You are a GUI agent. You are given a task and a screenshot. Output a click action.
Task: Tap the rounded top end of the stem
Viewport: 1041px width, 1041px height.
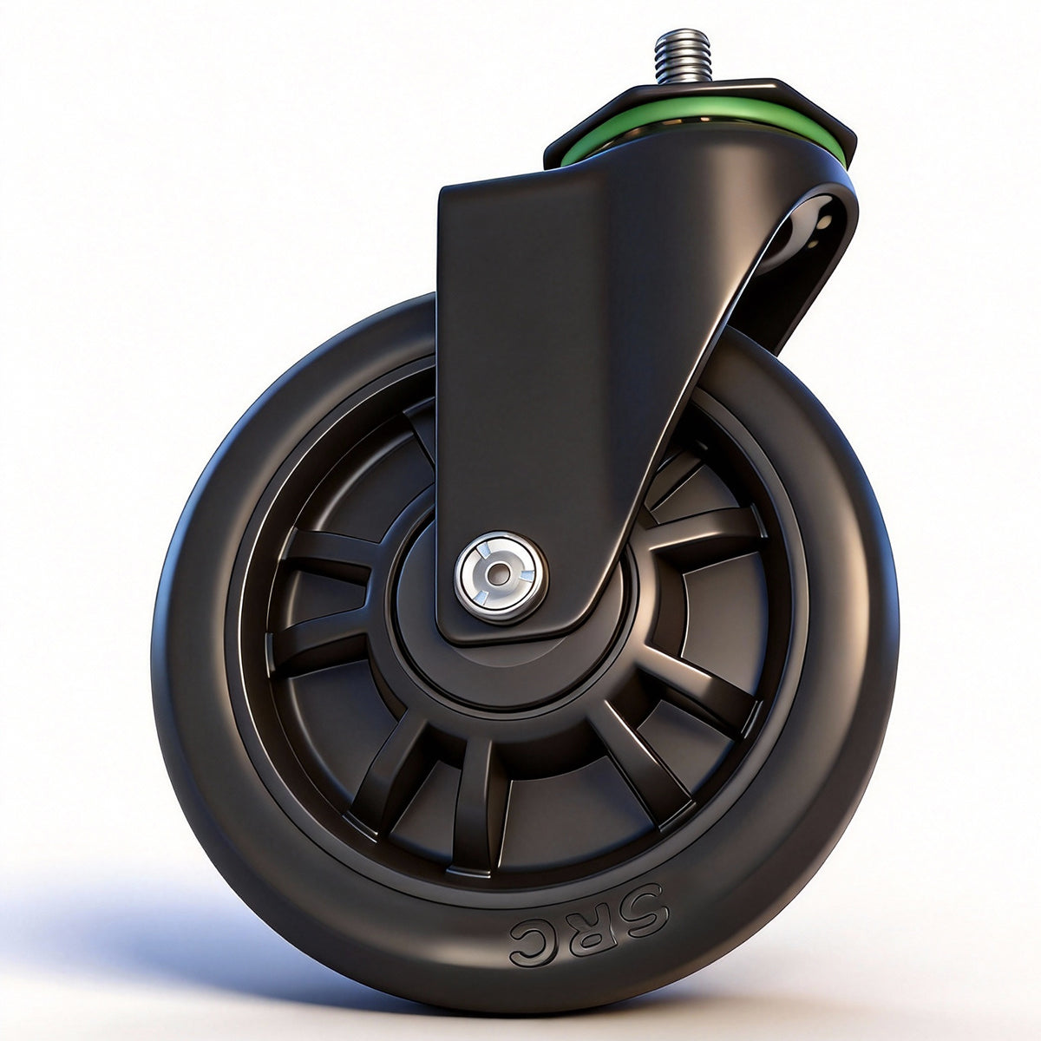(681, 36)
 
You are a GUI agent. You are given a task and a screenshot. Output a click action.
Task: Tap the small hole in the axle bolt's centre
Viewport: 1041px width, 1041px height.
(500, 573)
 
